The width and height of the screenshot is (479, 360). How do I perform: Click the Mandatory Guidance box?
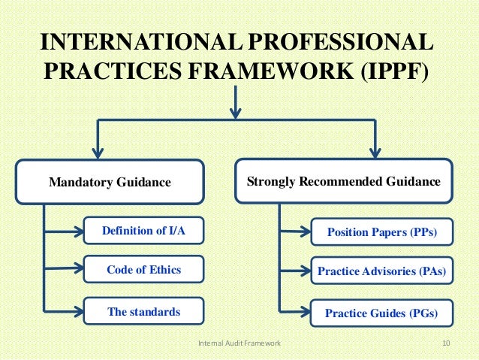pos(109,181)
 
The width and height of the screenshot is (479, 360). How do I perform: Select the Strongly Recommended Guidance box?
pos(344,181)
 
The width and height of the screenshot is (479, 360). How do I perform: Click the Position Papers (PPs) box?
pos(381,232)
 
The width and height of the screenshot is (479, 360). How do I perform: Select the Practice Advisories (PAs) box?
pos(381,271)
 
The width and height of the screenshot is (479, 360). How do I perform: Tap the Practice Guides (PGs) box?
pos(381,312)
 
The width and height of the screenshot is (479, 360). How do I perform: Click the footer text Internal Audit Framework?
pos(239,343)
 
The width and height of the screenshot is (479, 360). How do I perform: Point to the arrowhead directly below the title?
pos(236,112)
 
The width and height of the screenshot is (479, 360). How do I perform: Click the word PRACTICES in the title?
pos(104,72)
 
